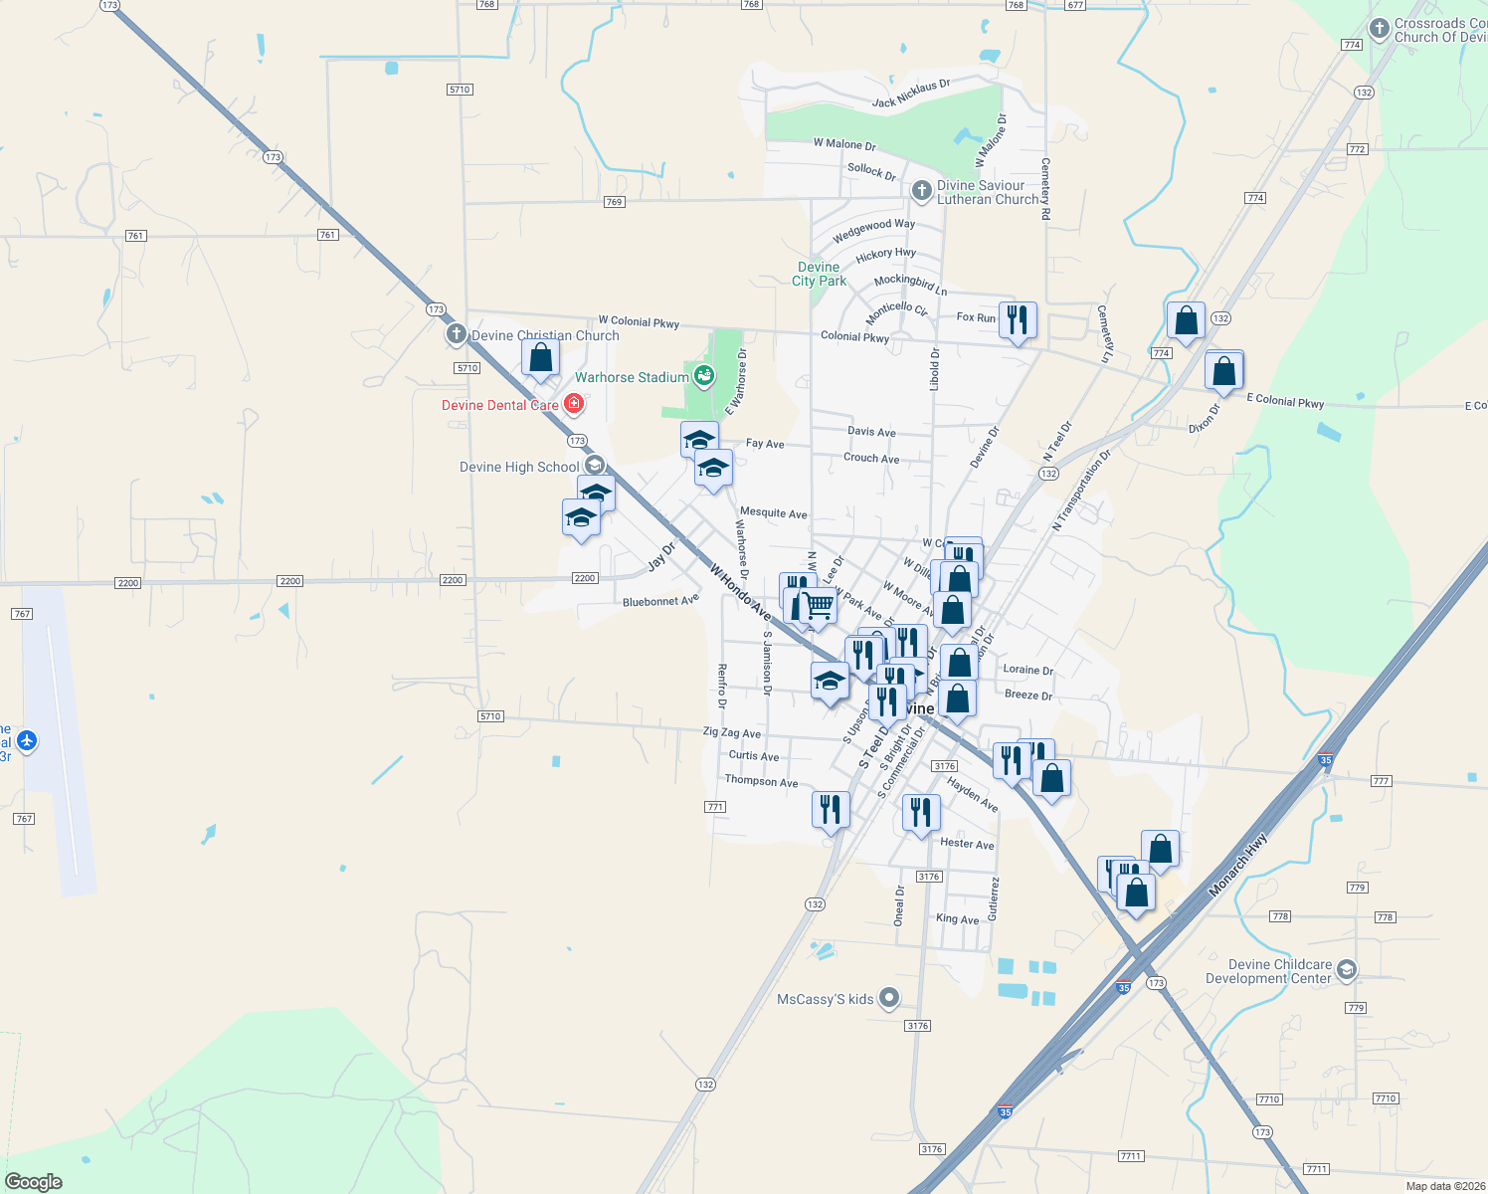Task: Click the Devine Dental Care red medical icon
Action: click(x=573, y=404)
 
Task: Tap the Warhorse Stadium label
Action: click(x=632, y=378)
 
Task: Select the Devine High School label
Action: click(x=519, y=468)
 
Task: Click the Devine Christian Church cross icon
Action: click(x=457, y=334)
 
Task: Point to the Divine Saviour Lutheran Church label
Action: click(x=987, y=193)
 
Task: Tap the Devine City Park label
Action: click(x=819, y=275)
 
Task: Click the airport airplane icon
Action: click(x=27, y=741)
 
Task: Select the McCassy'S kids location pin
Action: click(x=889, y=997)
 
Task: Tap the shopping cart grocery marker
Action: click(x=819, y=605)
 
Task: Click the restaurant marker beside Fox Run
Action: click(x=1017, y=320)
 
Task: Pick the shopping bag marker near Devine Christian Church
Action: click(x=540, y=358)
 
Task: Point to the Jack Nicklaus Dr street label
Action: click(x=911, y=95)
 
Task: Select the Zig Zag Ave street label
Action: click(x=731, y=733)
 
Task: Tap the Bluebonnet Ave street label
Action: click(x=660, y=602)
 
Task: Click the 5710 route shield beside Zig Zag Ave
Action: click(x=490, y=716)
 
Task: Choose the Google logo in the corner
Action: click(x=34, y=1182)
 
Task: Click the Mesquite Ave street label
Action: click(x=773, y=513)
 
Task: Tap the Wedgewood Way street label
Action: click(x=873, y=231)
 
